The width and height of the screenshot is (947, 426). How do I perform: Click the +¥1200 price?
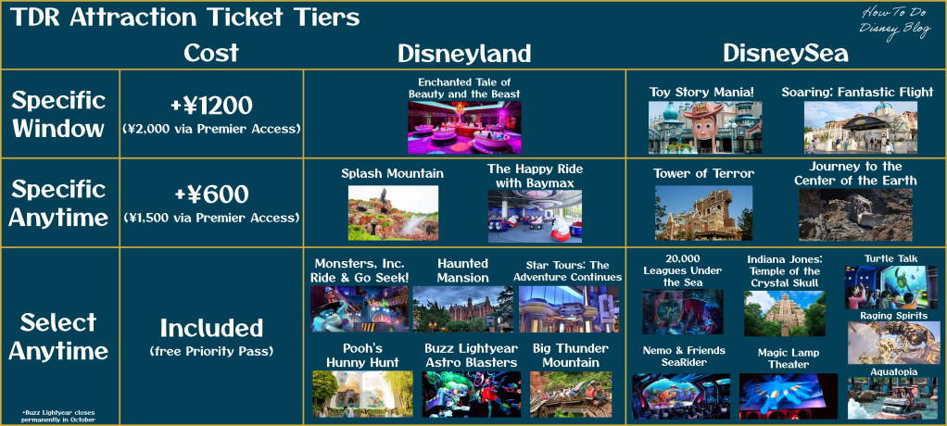point(210,106)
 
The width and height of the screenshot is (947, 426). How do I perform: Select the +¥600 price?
point(210,194)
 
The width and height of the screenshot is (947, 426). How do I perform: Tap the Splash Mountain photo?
point(393,213)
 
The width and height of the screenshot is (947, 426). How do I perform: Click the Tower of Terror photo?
point(703,213)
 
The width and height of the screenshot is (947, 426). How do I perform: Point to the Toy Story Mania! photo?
point(705,127)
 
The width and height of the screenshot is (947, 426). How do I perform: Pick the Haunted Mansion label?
point(462,271)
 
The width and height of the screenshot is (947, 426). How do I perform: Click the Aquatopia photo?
point(892,398)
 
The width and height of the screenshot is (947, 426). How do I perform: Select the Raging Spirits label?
point(891,315)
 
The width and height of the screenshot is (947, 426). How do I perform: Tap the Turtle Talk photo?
point(890,287)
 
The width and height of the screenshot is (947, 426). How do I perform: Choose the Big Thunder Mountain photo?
point(571,394)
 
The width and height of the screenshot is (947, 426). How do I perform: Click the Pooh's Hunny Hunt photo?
point(362,394)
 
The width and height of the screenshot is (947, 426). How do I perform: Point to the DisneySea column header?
point(785,55)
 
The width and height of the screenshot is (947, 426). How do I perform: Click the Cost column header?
point(210,54)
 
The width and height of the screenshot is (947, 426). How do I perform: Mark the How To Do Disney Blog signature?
point(896,23)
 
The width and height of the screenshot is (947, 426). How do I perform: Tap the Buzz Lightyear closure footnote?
point(58,415)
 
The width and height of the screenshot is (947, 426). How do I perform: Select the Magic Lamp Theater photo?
point(789,395)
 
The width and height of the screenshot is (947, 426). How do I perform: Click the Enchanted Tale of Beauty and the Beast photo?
point(464,127)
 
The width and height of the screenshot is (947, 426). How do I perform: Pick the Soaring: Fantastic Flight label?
point(858,93)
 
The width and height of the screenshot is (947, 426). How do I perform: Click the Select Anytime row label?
point(58,337)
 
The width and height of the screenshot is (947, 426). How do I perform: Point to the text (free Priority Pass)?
point(210,351)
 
